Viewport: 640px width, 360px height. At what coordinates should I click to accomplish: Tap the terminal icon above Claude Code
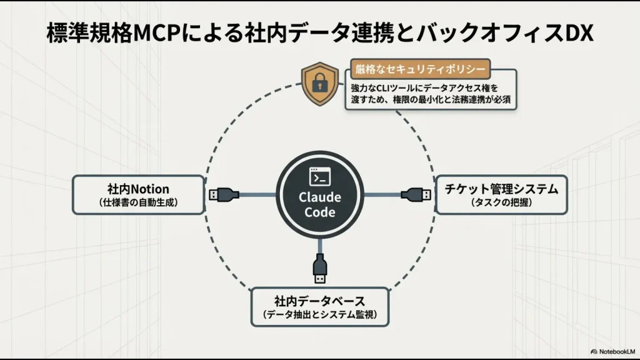(x=319, y=177)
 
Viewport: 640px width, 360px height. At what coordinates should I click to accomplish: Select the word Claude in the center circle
(x=319, y=197)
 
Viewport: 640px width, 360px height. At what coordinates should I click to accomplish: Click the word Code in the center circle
(x=319, y=212)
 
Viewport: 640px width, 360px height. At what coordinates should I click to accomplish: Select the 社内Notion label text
(x=138, y=189)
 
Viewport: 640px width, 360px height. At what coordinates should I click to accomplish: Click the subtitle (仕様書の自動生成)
(x=138, y=202)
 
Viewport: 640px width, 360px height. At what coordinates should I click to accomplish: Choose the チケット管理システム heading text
(x=501, y=188)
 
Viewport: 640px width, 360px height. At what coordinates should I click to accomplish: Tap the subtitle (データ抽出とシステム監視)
(x=319, y=314)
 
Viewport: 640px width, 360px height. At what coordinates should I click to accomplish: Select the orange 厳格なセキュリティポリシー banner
(x=419, y=68)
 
